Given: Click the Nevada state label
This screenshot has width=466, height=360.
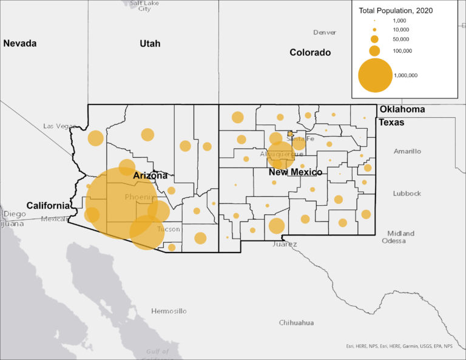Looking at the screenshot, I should tap(20, 44).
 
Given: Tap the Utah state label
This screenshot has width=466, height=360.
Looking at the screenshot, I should tap(150, 44).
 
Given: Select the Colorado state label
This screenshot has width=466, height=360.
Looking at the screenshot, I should tap(310, 53).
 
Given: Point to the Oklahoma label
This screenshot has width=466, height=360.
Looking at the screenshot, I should tap(402, 110).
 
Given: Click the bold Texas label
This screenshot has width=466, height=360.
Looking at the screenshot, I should tap(391, 122).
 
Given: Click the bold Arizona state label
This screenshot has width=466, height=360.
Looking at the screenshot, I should tap(150, 176).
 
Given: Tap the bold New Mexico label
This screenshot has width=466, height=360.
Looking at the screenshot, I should tap(295, 173).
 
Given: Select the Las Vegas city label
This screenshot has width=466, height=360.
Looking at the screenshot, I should tap(59, 126).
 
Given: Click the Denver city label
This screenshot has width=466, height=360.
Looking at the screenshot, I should tap(325, 32).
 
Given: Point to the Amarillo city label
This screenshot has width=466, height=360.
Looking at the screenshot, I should tap(407, 151).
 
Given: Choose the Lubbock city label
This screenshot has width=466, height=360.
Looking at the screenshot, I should tap(407, 194).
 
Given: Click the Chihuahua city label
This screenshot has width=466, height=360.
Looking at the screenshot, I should tap(296, 322).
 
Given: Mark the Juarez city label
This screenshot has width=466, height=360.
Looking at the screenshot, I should tap(285, 245).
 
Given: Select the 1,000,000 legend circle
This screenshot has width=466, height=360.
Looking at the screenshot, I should tap(375, 75).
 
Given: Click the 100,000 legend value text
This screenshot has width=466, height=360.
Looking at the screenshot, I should tap(402, 51).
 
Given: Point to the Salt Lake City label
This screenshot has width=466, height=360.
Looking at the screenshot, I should tap(144, 5).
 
